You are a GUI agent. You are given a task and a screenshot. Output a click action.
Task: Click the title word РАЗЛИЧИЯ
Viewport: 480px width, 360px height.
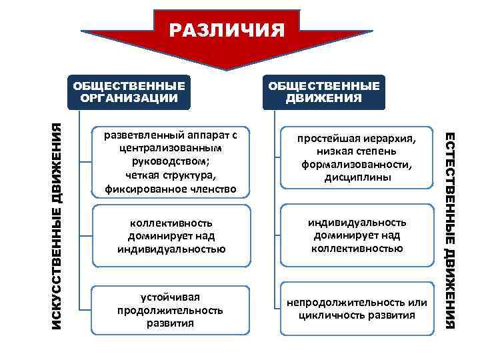coord(227,30)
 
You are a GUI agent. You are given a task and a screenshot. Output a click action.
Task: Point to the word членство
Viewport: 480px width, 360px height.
coord(213,189)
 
